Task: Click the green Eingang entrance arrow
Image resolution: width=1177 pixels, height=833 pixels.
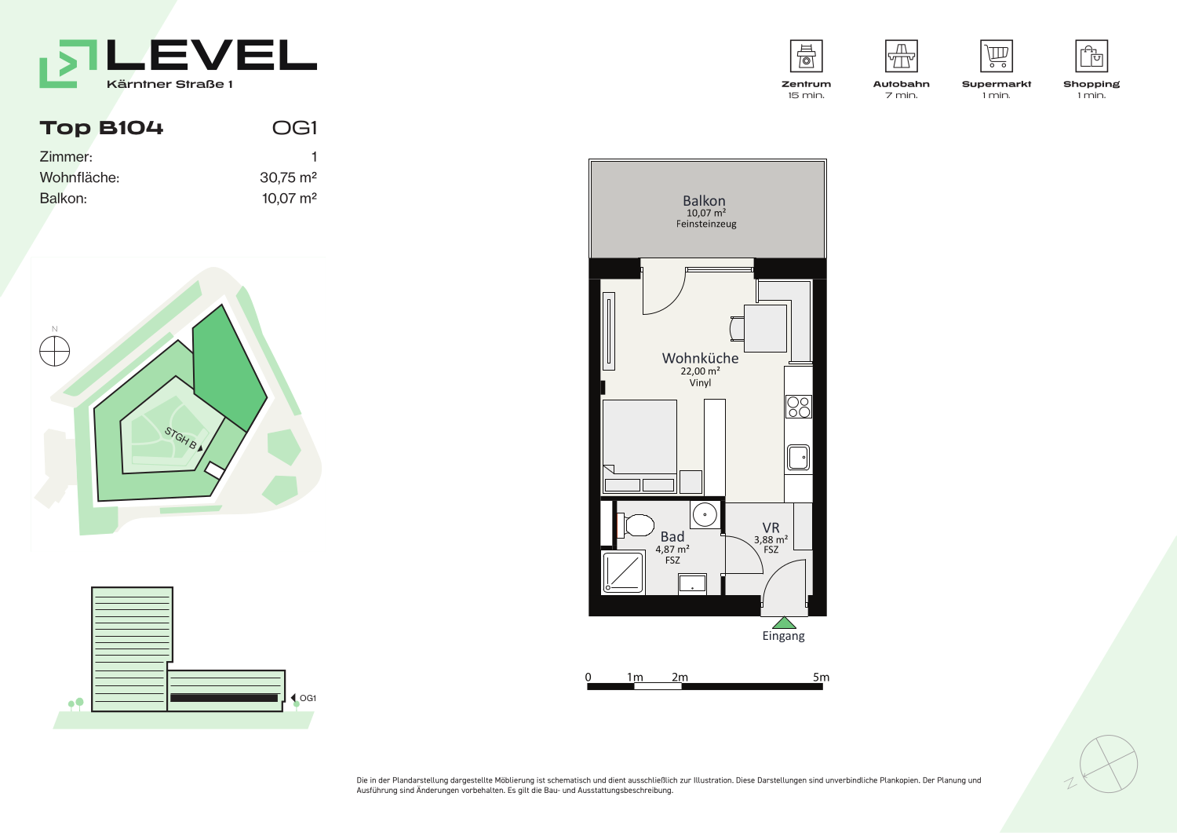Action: pyautogui.click(x=784, y=623)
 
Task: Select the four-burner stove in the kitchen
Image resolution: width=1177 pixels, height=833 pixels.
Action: pyautogui.click(x=799, y=407)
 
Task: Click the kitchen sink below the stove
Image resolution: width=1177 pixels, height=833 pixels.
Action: pyautogui.click(x=798, y=458)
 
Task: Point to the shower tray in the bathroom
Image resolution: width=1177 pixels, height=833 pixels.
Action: pyautogui.click(x=624, y=572)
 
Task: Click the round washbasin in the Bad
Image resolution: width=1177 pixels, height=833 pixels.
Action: pyautogui.click(x=705, y=515)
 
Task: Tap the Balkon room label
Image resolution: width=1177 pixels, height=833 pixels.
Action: pyautogui.click(x=704, y=201)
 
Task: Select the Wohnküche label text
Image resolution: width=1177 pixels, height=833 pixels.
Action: pyautogui.click(x=700, y=358)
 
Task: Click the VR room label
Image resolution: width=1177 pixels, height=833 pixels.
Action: pyautogui.click(x=771, y=528)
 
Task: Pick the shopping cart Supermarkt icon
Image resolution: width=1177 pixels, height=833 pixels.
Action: pyautogui.click(x=997, y=56)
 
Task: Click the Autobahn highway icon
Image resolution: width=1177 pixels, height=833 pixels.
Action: pyautogui.click(x=901, y=56)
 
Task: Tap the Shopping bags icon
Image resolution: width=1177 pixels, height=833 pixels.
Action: pyautogui.click(x=1091, y=56)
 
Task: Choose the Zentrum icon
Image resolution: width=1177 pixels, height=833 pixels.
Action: pyautogui.click(x=806, y=56)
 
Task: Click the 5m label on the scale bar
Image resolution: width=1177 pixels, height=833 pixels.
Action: pyautogui.click(x=821, y=677)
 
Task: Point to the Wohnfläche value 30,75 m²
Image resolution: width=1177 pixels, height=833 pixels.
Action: pyautogui.click(x=288, y=177)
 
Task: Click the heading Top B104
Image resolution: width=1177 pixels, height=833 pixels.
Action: pyautogui.click(x=101, y=128)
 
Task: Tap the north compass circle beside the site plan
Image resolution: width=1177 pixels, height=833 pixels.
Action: pyautogui.click(x=55, y=351)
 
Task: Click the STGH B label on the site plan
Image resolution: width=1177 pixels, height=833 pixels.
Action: pyautogui.click(x=181, y=438)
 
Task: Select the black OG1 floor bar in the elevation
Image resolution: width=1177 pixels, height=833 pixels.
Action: pyautogui.click(x=224, y=698)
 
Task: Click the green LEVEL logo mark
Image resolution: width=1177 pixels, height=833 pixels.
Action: pyautogui.click(x=68, y=64)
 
